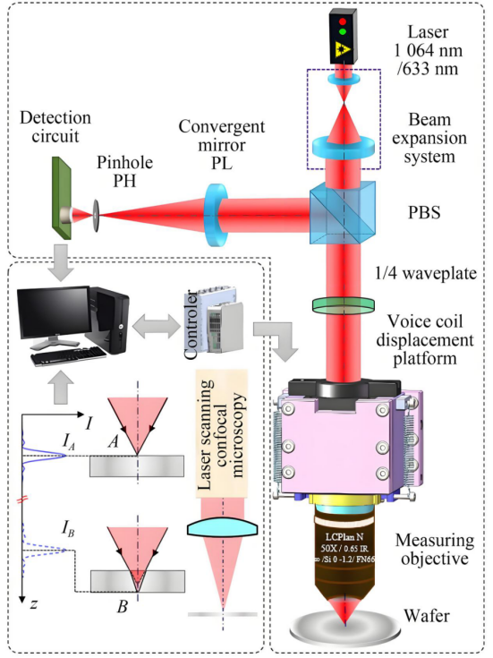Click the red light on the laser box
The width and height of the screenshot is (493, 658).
[343, 21]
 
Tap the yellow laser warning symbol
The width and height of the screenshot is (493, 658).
[344, 49]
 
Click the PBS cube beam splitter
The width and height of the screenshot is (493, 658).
[343, 212]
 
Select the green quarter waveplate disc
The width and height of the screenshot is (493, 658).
[344, 304]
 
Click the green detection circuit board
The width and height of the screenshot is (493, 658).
[62, 198]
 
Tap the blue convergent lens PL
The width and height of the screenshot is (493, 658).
[216, 215]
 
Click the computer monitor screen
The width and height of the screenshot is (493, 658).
[54, 312]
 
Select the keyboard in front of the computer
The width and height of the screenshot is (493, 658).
[68, 358]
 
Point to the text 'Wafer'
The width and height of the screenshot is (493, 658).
[427, 616]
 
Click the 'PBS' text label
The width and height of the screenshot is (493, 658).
[425, 213]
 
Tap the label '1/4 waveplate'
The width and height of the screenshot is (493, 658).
[426, 273]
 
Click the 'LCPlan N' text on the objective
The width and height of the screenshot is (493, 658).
[344, 537]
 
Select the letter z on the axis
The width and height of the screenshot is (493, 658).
[34, 603]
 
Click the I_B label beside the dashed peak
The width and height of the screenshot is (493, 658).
[68, 530]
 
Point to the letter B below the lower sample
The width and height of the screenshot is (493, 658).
[122, 607]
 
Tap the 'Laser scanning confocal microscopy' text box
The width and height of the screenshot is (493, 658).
[222, 434]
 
